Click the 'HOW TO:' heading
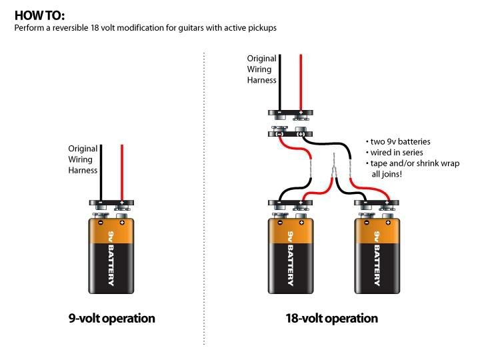pos(40,15)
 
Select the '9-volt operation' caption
pos(111,318)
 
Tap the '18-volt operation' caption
pos(331,318)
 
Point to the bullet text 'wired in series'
pos(395,153)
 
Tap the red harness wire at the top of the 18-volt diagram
pos(301,80)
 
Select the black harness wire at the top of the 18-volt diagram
pos(279,80)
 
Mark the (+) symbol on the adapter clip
pos(301,133)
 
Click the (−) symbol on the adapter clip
pos(279,133)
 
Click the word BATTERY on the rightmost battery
pos(377,265)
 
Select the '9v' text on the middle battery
pos(290,235)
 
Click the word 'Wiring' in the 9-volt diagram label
pos(83,159)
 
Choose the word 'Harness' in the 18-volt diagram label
pos(261,80)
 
